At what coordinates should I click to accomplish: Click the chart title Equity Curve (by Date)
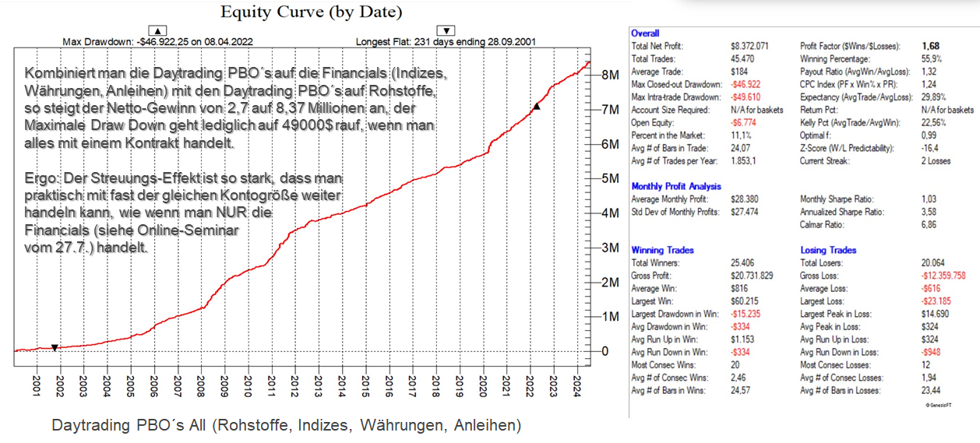pos(312,12)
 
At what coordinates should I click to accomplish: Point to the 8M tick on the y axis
pos(609,76)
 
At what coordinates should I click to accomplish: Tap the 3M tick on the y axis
pos(609,248)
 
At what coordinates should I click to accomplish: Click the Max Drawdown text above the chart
pos(157,42)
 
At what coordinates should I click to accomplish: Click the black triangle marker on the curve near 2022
pos(536,105)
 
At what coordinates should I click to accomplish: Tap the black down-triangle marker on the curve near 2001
pos(55,347)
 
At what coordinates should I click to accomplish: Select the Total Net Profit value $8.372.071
pos(749,47)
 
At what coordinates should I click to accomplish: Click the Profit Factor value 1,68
pos(932,47)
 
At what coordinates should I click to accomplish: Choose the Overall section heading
pos(645,33)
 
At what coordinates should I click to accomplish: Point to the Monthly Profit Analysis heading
pos(676,187)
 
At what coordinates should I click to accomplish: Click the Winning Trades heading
pos(662,251)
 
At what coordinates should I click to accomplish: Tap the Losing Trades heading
pos(828,251)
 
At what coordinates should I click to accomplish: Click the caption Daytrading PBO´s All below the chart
pos(286,426)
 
